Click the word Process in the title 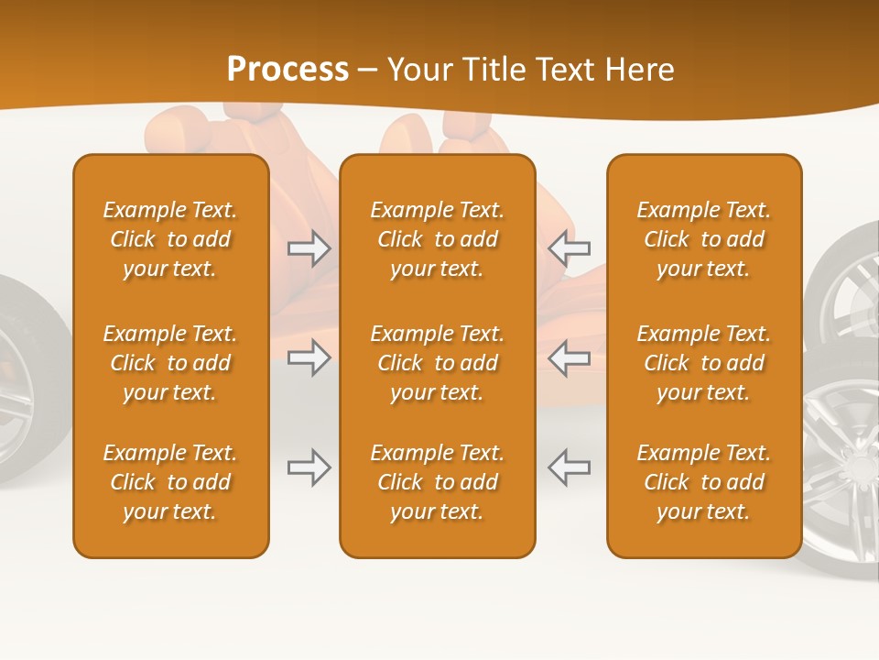288,70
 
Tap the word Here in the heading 638,70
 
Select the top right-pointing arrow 309,248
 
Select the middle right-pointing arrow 309,357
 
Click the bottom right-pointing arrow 309,467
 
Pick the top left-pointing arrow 569,248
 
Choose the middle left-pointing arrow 569,357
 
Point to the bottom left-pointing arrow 569,467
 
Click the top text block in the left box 170,239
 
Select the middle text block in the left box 170,363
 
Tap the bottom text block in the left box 170,482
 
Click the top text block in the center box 437,239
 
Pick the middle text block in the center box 437,363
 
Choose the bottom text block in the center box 437,482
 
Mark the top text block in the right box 703,239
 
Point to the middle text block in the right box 703,363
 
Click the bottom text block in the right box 703,482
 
